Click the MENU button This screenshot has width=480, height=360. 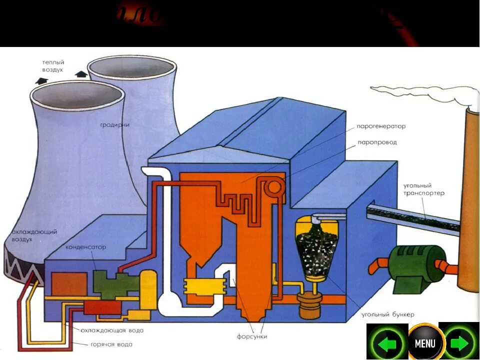[x=424, y=343]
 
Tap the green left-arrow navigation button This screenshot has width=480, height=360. [x=386, y=343]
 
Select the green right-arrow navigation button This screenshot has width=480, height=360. [x=459, y=343]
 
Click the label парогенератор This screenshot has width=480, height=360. [x=381, y=126]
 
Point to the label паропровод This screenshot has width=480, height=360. [x=377, y=142]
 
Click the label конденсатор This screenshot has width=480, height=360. [x=85, y=247]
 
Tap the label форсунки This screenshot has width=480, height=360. [x=252, y=336]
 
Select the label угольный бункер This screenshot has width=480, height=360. [x=388, y=315]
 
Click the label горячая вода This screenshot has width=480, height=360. [x=111, y=344]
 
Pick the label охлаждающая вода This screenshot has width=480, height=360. [x=112, y=330]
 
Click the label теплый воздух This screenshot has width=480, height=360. [x=53, y=66]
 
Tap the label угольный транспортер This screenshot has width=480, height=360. [x=423, y=189]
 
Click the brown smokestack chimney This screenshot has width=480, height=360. [x=468, y=200]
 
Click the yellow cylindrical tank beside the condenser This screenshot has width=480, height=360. [x=148, y=290]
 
